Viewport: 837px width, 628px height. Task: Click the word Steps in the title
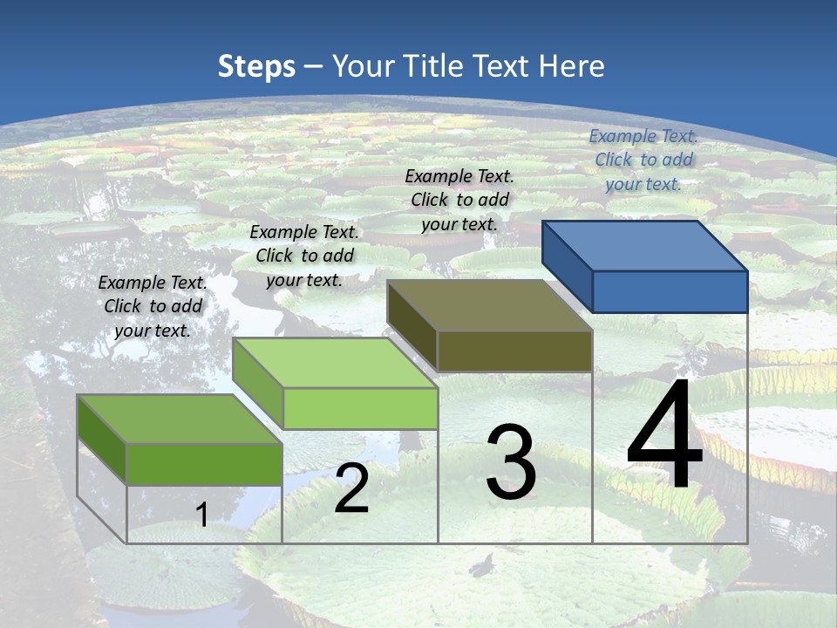(x=256, y=66)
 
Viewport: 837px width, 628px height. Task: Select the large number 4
(x=664, y=436)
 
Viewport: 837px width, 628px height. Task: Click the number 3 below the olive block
(x=511, y=462)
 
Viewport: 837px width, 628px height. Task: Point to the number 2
(x=351, y=488)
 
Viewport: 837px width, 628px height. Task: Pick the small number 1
(x=201, y=515)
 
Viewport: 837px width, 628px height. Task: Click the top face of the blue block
(x=645, y=245)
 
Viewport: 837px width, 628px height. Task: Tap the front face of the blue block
(x=670, y=291)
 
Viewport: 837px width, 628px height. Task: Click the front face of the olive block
(x=514, y=352)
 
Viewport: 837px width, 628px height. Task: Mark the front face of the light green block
(x=360, y=408)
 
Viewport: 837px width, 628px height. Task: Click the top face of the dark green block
(x=180, y=419)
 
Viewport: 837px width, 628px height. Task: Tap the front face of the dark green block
(x=204, y=464)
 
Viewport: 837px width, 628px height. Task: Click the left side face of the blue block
(x=567, y=267)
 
